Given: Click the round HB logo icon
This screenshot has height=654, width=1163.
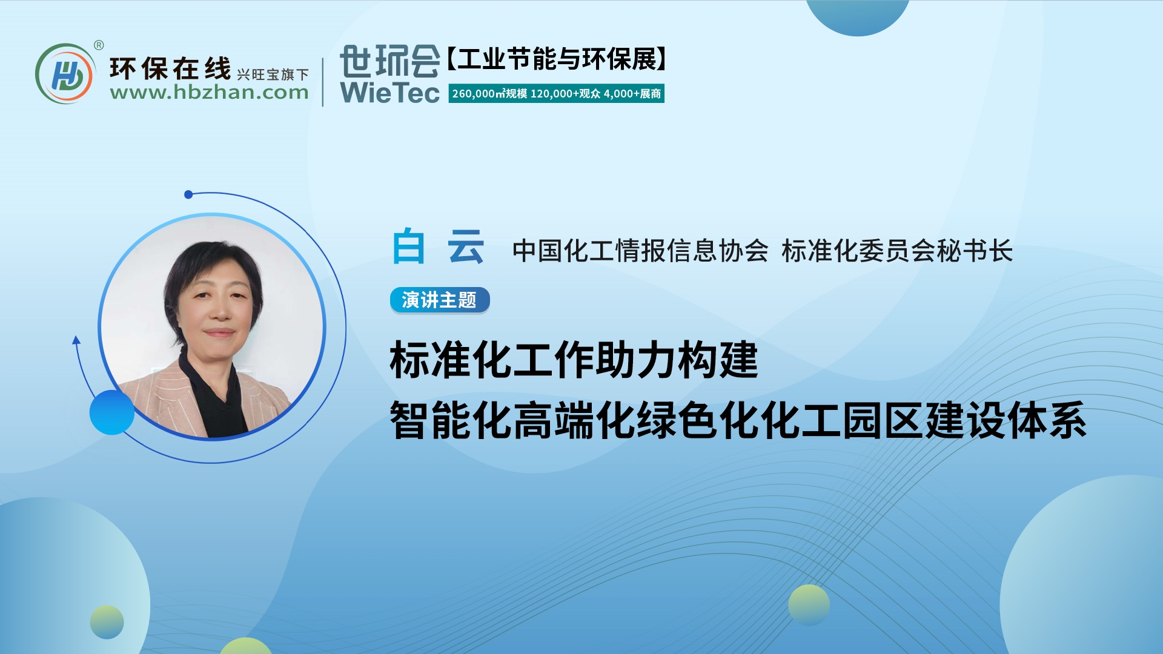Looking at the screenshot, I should pos(65,74).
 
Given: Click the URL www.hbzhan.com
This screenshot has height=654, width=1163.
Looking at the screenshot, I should pos(209,93).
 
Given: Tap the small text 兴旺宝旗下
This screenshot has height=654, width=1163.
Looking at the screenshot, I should pos(273,74).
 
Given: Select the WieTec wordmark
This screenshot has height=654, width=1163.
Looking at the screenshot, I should pos(389,93).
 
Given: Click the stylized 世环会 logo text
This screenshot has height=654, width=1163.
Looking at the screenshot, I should pos(389,61).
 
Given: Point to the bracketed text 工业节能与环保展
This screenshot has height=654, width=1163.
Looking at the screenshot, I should pos(557,59).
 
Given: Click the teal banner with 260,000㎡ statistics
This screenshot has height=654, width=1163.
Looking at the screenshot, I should pos(556,94).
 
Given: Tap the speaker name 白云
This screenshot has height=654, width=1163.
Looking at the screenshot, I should pos(438,247).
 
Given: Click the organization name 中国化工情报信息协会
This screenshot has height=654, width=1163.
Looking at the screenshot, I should pos(640,251).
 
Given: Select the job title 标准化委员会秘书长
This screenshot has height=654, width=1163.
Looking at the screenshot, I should pos(897,251).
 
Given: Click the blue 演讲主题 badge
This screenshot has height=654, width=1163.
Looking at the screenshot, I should pos(440,300).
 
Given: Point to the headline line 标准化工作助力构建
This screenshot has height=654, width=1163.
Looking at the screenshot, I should pos(574,360).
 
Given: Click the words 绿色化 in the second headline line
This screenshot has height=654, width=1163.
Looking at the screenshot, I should pos(698,420).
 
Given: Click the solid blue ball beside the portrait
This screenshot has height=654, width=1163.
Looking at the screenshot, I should pos(112,412).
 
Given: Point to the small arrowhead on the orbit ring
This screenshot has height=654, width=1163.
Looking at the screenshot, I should pos(76,340).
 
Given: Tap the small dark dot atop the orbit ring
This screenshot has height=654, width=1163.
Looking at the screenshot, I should pos(188,194).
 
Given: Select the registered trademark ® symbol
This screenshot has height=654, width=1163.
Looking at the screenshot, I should pos(99,45).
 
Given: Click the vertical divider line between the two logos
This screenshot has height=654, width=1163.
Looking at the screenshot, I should pos(323,82).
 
